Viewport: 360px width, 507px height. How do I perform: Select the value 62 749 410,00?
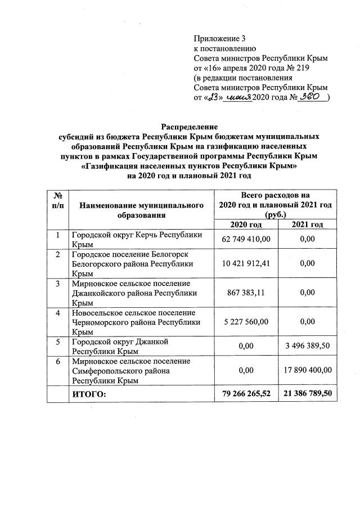[247, 239]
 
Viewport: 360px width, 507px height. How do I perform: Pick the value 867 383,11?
[247, 293]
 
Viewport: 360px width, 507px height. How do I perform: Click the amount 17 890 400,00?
[307, 370]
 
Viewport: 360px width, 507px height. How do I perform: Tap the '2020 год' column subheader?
[247, 225]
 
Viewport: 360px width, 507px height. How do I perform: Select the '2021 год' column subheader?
[307, 225]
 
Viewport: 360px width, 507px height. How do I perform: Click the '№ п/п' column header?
[57, 201]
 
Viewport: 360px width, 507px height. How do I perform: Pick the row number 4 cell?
[57, 313]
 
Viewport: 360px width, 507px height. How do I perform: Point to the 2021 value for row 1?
[307, 239]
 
